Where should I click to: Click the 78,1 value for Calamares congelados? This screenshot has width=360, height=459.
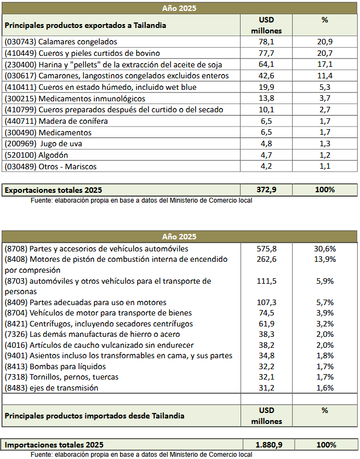266,42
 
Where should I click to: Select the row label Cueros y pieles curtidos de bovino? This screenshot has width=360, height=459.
82,53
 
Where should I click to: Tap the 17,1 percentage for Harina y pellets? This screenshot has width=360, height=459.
325,64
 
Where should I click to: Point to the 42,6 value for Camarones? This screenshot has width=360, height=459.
266,76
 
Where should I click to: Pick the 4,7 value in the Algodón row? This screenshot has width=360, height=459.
266,155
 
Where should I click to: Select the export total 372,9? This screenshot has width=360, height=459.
266,190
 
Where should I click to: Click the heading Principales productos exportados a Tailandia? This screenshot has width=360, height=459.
85,25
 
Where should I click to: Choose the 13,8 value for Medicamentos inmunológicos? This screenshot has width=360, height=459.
266,99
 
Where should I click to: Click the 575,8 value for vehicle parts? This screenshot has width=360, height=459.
266,249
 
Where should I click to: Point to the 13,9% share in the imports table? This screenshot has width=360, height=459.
325,259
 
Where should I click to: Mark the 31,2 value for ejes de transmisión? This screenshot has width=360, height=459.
266,388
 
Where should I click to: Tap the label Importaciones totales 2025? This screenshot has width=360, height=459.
54,445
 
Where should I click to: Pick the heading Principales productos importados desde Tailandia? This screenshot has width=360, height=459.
94,416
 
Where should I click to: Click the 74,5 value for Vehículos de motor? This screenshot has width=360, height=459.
266,313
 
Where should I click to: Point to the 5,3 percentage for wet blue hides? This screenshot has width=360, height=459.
325,87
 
